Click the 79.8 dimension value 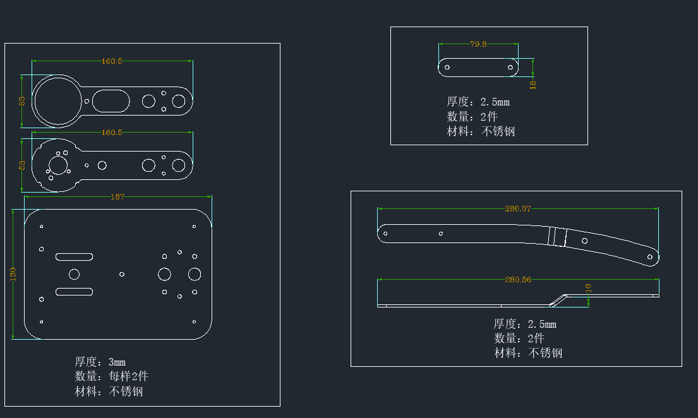click(x=478, y=44)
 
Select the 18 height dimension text click(x=533, y=85)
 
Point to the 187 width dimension click(x=117, y=197)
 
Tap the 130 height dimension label click(x=13, y=274)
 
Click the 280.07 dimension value click(x=518, y=209)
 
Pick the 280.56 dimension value click(x=518, y=280)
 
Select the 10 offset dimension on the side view click(x=588, y=288)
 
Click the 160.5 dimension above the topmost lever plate click(x=112, y=61)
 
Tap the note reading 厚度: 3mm click(x=100, y=362)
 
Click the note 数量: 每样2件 click(x=111, y=376)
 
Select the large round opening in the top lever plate click(x=58, y=100)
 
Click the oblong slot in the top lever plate click(x=111, y=101)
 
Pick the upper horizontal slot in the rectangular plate click(x=75, y=257)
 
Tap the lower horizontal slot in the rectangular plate click(x=75, y=292)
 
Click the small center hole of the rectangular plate click(x=122, y=275)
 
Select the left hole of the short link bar click(x=447, y=68)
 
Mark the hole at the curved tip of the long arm click(x=650, y=257)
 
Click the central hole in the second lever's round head click(x=58, y=165)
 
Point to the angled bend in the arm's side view click(x=558, y=301)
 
